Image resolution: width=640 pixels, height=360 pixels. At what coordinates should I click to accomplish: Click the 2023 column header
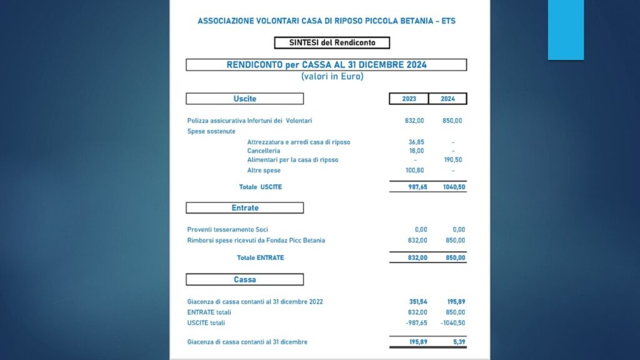(x=409, y=99)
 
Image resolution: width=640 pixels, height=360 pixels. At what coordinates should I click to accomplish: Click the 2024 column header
(x=447, y=99)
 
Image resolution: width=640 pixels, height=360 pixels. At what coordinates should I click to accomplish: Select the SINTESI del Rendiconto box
(x=332, y=43)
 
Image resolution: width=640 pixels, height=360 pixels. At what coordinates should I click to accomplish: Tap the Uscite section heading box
(x=244, y=99)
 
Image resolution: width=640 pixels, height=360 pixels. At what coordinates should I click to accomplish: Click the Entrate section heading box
(x=244, y=208)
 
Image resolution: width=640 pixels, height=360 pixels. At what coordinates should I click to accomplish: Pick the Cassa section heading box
(x=244, y=279)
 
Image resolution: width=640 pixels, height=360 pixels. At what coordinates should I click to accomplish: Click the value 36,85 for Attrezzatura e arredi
(x=416, y=142)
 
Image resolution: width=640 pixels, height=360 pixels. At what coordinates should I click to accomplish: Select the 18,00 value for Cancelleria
(x=416, y=151)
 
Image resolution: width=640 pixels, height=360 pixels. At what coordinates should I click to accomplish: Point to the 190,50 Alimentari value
(x=454, y=160)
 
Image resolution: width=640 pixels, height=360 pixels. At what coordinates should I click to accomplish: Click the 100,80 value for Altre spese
(x=415, y=170)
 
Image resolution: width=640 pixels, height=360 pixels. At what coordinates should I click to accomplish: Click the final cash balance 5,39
(x=458, y=342)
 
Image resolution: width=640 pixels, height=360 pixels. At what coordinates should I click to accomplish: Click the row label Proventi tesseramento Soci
(x=227, y=229)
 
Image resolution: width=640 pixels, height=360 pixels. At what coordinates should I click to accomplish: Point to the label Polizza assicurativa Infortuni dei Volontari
(x=249, y=121)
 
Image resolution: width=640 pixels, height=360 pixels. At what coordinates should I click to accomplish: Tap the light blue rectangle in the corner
(x=566, y=30)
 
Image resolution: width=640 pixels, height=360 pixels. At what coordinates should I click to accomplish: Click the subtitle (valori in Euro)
(x=332, y=77)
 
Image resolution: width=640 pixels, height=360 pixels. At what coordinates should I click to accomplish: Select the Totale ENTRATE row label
(x=260, y=257)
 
